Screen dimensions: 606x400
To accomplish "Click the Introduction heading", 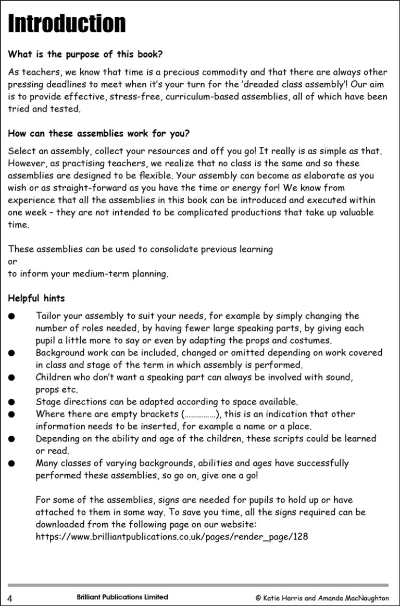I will coord(67,24).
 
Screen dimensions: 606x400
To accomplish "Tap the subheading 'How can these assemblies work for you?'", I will coord(99,133).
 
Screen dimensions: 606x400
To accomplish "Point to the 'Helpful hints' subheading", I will coord(36,298).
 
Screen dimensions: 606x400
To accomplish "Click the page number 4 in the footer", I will coord(10,598).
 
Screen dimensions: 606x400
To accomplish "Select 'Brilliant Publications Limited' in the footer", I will coord(118,597).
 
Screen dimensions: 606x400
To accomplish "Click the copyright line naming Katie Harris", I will coord(322,598).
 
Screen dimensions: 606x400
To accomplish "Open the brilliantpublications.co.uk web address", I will coord(172,536).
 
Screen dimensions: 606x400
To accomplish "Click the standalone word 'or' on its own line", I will coord(12,261).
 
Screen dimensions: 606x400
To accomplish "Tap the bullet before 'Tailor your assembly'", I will coord(11,316).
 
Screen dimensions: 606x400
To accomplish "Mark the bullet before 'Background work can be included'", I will coord(11,352).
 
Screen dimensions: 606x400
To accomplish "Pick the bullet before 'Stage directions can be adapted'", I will coord(11,401).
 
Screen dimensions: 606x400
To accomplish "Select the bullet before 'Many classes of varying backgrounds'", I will coord(11,463).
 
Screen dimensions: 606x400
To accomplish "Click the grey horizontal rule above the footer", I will coord(198,585).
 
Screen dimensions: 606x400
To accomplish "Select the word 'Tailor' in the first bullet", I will coord(48,315).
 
